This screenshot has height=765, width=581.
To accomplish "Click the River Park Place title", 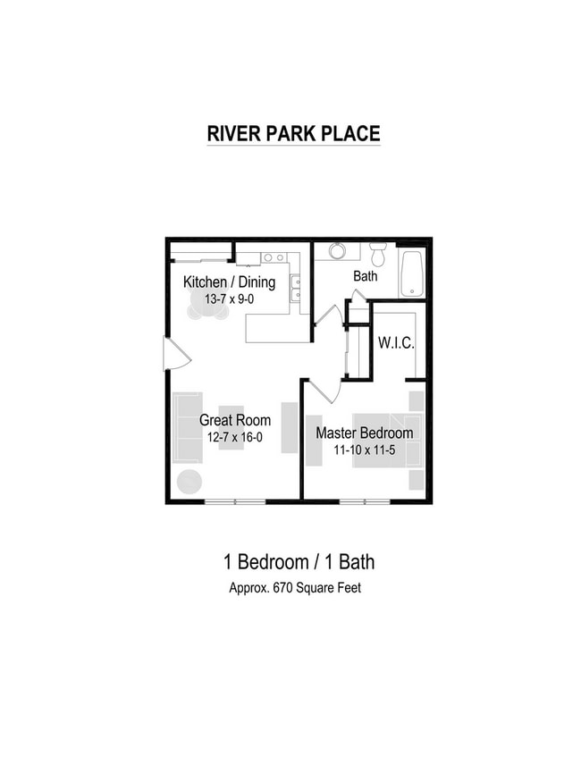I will coord(293,133).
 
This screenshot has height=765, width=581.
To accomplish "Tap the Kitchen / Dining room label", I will coord(229,282).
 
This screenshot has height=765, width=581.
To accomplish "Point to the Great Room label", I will coord(234,420).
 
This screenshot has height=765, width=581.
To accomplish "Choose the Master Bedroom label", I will coord(365,433).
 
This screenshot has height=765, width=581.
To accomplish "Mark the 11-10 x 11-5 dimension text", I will coord(365,450).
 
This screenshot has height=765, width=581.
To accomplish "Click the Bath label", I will coord(365,276).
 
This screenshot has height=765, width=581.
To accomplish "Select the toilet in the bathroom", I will coord(378,254).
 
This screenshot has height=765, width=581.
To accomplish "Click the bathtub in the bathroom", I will coord(412,273).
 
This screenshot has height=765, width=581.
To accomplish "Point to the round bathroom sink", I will coord(338,251).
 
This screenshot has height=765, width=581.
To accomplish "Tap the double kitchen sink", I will coord(295,288).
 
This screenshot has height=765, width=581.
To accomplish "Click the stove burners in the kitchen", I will coord(274,257).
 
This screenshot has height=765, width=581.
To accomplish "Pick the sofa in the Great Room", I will coord(187,427).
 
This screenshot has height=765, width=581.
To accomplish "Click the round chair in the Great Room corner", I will coord(189,481).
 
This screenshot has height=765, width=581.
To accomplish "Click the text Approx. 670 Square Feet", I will coord(294,589).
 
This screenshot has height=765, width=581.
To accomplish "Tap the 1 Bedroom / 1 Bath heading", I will coord(299,562).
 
